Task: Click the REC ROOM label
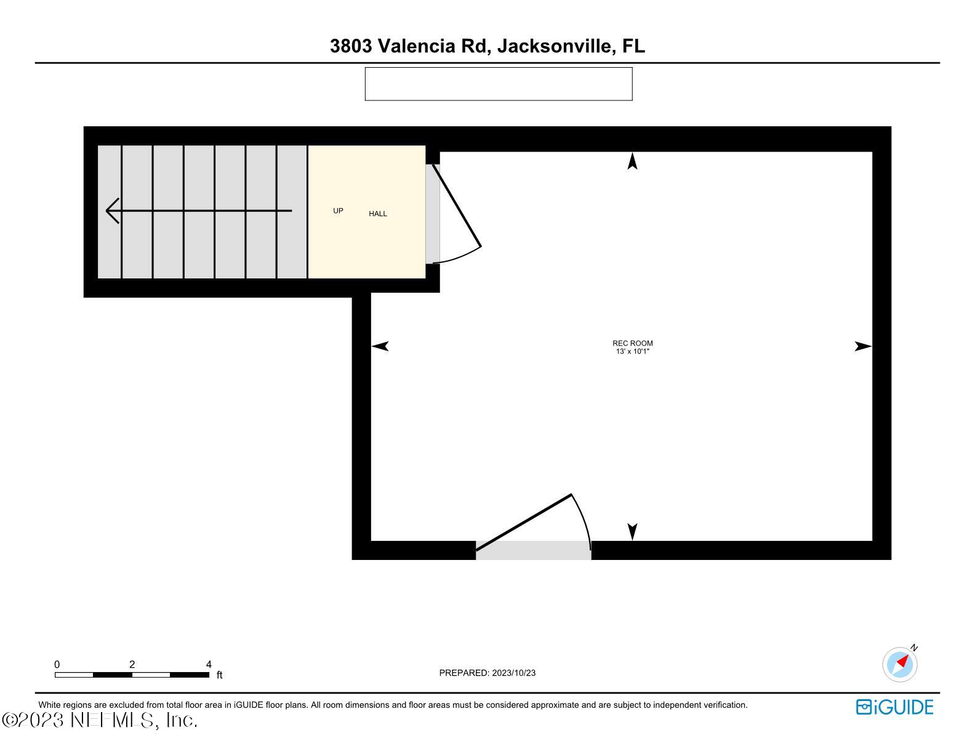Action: pos(632,343)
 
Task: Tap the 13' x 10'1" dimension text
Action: pos(632,351)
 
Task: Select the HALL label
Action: pos(378,214)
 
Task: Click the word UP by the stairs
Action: pos(338,211)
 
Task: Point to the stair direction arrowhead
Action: pos(112,211)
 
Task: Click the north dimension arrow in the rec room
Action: pos(632,161)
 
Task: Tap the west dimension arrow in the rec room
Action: pos(380,346)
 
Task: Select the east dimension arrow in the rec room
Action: pos(863,346)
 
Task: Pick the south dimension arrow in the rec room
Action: pos(632,531)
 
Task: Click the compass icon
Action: pos(900,664)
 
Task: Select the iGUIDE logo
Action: pos(894,707)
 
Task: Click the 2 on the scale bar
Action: pos(132,665)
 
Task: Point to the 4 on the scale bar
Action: pos(209,665)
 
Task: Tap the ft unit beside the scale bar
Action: pos(219,675)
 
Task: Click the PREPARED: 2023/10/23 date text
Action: pos(487,673)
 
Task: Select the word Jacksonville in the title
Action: pos(555,46)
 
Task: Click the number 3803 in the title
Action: pos(350,46)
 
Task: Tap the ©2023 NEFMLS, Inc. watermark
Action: pos(100,720)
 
